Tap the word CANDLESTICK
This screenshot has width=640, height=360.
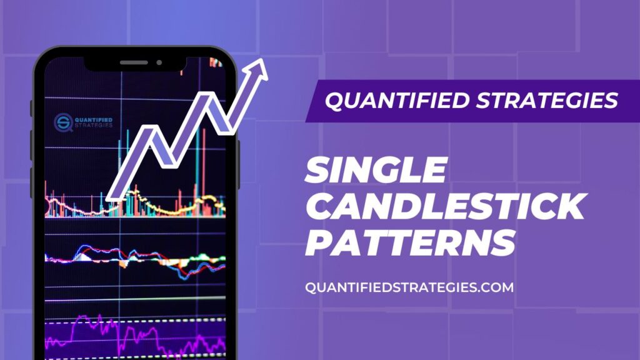pyautogui.click(x=444, y=206)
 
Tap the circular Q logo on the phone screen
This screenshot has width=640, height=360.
pyautogui.click(x=62, y=120)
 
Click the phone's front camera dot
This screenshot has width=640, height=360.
pyautogui.click(x=159, y=62)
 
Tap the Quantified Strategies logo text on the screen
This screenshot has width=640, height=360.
pyautogui.click(x=92, y=120)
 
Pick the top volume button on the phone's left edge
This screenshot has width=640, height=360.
pyautogui.click(x=31, y=109)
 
